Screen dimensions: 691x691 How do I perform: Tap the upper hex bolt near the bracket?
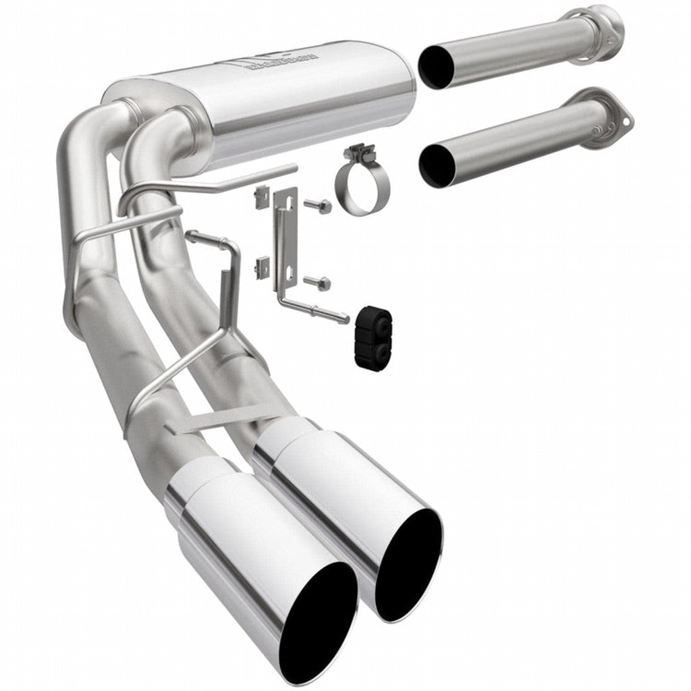[x=318, y=203]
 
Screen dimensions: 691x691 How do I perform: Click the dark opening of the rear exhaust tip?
[x=408, y=564]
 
